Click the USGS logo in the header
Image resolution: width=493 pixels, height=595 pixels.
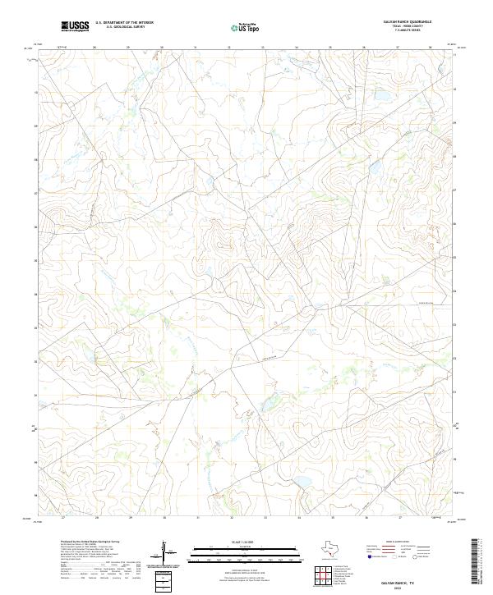[75, 26]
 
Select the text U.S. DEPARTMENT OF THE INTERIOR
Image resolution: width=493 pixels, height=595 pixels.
[124, 23]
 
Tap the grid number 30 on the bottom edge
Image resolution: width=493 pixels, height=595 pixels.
[164, 518]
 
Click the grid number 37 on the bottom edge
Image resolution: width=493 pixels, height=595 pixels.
[399, 518]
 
